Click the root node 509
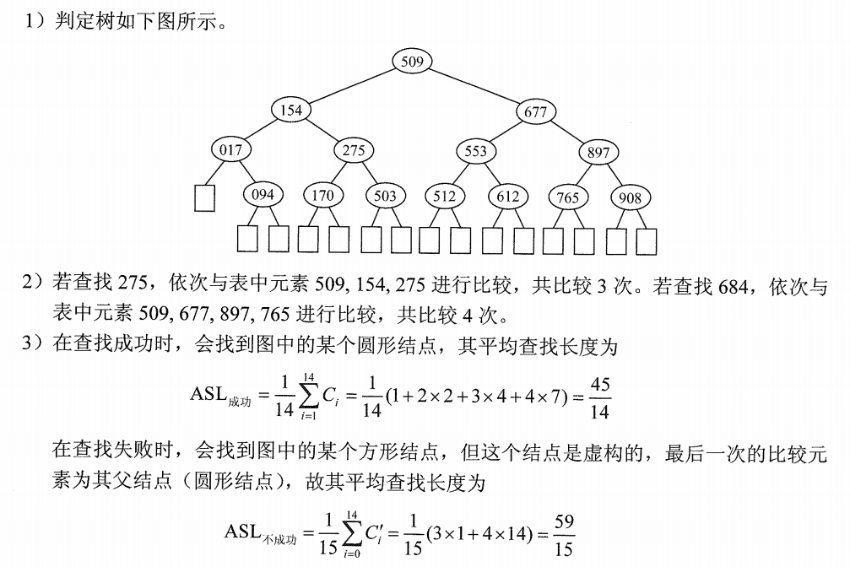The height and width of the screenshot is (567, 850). tap(413, 61)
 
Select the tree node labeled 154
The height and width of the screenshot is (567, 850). tap(290, 111)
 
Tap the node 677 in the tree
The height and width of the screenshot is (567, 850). tap(535, 112)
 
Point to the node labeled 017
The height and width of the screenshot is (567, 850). tap(230, 150)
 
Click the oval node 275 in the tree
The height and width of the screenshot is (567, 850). tap(353, 151)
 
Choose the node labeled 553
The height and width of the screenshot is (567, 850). tap(476, 151)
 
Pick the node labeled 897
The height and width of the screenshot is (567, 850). tap(598, 153)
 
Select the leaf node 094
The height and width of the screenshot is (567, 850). tap(263, 195)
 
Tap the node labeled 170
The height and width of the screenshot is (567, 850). tap(322, 195)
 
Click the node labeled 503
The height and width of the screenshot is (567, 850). tap(384, 196)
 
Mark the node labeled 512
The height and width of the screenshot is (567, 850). tap(444, 196)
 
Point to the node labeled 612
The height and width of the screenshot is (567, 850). tap(507, 197)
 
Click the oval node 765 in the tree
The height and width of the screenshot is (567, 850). tap(568, 197)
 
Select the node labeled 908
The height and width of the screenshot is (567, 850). tap(630, 198)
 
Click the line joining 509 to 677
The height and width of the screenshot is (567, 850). tap(475, 86)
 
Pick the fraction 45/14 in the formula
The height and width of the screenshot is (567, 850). tap(600, 397)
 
